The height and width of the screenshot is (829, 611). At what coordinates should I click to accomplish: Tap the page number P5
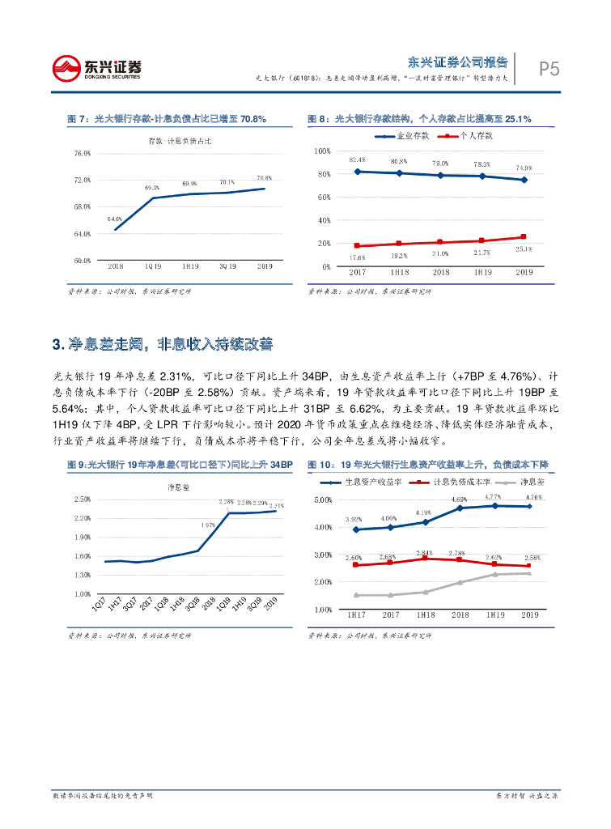click(x=549, y=70)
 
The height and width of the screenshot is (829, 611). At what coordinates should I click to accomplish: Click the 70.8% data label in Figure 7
click(x=264, y=177)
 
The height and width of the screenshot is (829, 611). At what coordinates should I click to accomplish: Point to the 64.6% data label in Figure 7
click(x=115, y=219)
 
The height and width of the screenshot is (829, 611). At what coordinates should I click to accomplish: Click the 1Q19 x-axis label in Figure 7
click(x=152, y=266)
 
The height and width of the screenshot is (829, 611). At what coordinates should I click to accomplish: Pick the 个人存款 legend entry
click(x=469, y=136)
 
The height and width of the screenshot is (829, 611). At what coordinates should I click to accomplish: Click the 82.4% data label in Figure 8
click(x=358, y=159)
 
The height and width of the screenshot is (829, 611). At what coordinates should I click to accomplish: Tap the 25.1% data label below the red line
click(x=524, y=249)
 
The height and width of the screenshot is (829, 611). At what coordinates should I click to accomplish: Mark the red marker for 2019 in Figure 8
click(x=524, y=237)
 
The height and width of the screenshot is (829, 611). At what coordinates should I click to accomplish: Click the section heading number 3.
click(x=56, y=345)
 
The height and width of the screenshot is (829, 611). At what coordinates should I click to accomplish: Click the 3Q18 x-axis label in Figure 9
click(x=193, y=606)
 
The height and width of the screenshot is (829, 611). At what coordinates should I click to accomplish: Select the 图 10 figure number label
click(x=320, y=464)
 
